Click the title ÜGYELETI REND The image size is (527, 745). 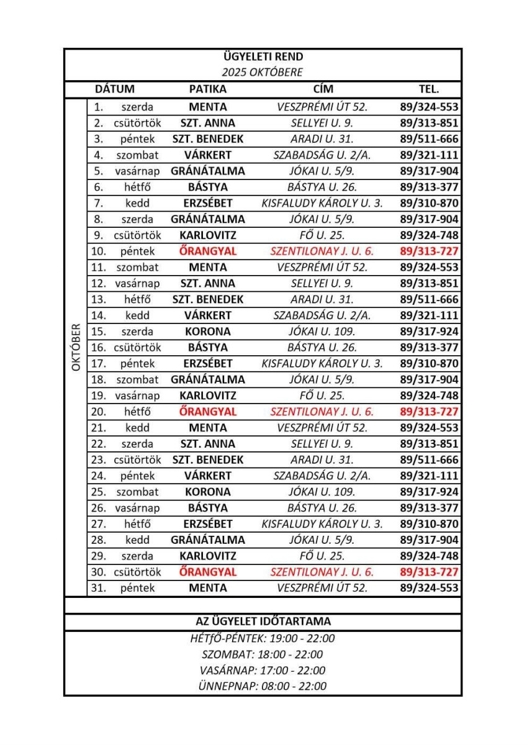tap(263, 58)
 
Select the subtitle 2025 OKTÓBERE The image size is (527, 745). tap(263, 73)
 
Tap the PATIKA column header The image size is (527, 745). tap(208, 89)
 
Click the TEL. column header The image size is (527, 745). tap(430, 89)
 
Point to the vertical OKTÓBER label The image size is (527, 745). tap(76, 347)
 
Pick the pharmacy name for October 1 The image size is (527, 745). tap(208, 107)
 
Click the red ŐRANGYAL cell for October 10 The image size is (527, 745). tap(208, 251)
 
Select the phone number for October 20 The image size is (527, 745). tap(430, 412)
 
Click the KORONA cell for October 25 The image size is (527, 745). tap(208, 492)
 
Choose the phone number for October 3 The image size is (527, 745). tap(430, 139)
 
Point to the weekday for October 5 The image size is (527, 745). tap(137, 171)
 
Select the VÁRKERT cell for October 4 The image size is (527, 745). tap(208, 155)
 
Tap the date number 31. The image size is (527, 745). tap(98, 587)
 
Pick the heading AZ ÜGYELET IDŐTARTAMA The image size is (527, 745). tap(263, 621)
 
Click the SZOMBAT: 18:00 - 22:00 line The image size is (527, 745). tap(263, 654)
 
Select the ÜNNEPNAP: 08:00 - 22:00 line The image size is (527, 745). tap(263, 686)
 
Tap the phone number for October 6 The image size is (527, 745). tap(430, 187)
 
